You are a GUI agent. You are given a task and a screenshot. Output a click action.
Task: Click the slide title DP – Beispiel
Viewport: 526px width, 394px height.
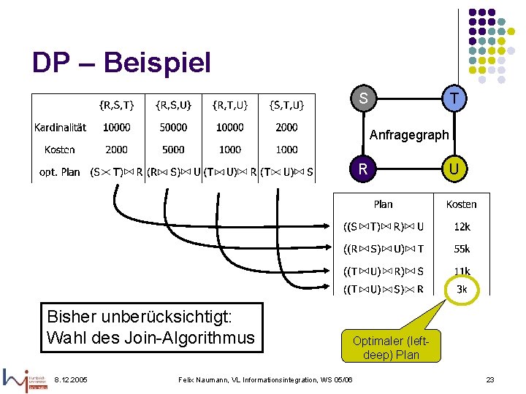pos(121,63)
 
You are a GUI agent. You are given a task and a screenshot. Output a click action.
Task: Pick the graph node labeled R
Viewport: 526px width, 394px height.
pos(363,169)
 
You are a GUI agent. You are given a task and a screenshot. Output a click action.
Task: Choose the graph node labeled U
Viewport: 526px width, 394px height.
pos(454,169)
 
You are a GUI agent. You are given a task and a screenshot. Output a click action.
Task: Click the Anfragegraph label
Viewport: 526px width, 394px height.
pos(409,135)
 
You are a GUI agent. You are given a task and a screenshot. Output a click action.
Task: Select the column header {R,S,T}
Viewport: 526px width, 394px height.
pos(117,104)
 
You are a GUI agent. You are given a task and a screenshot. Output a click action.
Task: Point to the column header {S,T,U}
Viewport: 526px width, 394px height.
pos(286,104)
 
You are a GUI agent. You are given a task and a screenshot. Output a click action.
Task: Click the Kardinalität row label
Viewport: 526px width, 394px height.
pos(60,127)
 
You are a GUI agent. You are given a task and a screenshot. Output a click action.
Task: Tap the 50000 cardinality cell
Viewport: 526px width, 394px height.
pos(173,127)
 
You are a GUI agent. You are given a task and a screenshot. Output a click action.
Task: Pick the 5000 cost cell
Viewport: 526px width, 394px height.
pos(173,150)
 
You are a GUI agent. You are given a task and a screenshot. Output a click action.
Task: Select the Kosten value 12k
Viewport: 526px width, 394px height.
pos(462,227)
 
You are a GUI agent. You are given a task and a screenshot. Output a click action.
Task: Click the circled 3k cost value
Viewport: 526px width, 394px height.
pos(462,289)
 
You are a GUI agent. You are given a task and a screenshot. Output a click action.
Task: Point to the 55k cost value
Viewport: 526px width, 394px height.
pos(462,249)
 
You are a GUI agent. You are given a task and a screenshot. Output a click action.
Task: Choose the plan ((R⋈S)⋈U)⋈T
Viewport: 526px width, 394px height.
pos(384,249)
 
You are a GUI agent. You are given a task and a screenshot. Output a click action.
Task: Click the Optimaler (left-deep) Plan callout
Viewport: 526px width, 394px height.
pos(391,347)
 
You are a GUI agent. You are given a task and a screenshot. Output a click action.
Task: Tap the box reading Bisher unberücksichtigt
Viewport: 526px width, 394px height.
pos(150,328)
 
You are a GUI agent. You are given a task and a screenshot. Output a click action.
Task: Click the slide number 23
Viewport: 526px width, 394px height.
pos(490,379)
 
